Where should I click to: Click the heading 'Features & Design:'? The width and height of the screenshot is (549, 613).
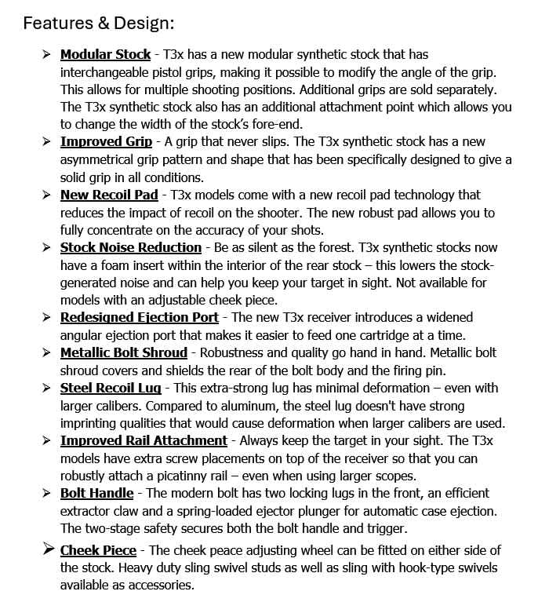pos(98,23)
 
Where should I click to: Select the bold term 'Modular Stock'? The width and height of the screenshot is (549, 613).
pos(105,55)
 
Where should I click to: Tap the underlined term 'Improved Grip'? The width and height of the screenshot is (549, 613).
pos(106,142)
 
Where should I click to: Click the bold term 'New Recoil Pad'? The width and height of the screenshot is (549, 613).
pos(109,195)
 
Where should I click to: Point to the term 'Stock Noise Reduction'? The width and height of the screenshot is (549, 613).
pos(131,247)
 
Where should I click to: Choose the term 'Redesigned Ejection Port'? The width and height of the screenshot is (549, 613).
pos(140,317)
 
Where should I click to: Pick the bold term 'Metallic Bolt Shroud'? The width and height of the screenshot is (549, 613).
pos(124,352)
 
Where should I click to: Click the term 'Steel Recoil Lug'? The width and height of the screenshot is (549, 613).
pos(111,388)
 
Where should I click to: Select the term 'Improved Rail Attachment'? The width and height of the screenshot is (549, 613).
pos(144,440)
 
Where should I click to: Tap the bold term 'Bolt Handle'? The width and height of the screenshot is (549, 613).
pos(96,493)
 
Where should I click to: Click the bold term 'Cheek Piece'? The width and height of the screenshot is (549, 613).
pos(98,550)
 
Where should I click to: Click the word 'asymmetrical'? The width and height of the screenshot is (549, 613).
pos(96,160)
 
